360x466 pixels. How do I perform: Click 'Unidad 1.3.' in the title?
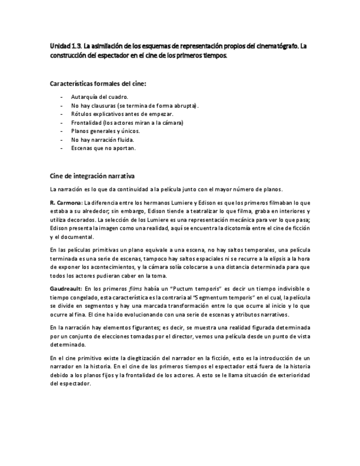tap(65, 47)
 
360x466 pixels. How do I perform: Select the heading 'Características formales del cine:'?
tap(98, 84)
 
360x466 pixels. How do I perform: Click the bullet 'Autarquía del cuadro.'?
tap(99, 97)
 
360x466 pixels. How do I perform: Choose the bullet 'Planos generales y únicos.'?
tap(106, 131)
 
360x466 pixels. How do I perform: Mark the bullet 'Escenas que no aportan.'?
tap(103, 148)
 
